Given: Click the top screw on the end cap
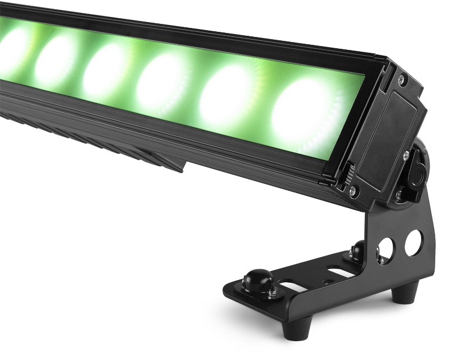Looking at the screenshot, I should (402, 79).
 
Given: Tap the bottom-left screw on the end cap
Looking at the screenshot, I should (352, 189).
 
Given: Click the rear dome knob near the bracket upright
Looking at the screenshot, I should (360, 249).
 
